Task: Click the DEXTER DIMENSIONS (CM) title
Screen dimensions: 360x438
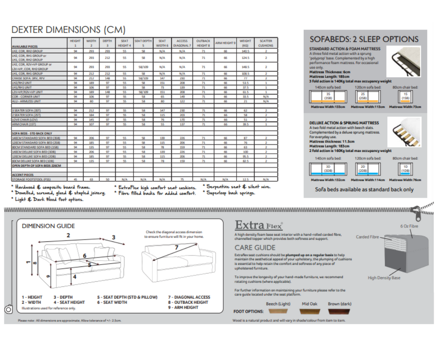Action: pos(68,30)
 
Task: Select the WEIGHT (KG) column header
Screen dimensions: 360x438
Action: pos(245,43)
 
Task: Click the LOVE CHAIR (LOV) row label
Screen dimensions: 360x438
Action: pos(26,120)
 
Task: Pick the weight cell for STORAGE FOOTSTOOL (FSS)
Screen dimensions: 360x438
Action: pos(245,179)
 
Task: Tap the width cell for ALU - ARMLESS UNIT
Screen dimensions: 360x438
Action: pos(91,101)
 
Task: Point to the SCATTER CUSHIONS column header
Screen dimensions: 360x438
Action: pos(266,43)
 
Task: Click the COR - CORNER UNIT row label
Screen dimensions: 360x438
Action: pos(26,97)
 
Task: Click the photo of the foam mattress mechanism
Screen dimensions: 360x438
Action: pos(403,61)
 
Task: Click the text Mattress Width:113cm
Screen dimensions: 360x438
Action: pos(367,107)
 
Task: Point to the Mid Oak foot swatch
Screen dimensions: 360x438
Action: pos(310,311)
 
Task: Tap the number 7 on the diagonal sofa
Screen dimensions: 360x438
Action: pos(176,247)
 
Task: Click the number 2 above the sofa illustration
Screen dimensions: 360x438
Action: pos(68,235)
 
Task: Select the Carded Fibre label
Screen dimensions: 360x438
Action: pos(367,237)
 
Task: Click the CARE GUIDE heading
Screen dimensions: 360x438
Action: pos(255,247)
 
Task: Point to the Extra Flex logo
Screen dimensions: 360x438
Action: pos(259,225)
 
